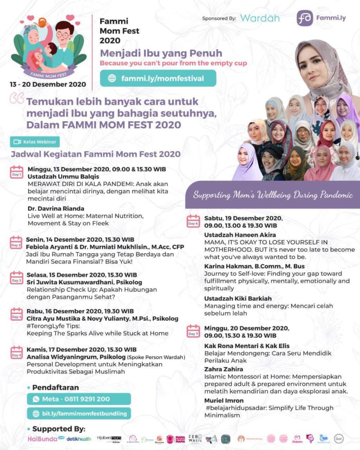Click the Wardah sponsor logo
pos(260,18)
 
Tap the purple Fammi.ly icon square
pos(305,18)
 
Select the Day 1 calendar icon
pos(17,172)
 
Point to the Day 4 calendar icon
pos(17,314)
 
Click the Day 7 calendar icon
pos(193,330)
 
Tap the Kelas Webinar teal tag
pos(35,142)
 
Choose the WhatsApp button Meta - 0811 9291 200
pos(79,399)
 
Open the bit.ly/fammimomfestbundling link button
pos(79,414)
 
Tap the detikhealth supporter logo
pos(79,439)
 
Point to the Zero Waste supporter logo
pos(195,438)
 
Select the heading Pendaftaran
pos(56,388)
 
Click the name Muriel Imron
pos(224,400)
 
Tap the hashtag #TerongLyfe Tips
pos(52,326)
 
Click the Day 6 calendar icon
pos(193,221)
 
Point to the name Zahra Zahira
pos(224,369)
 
